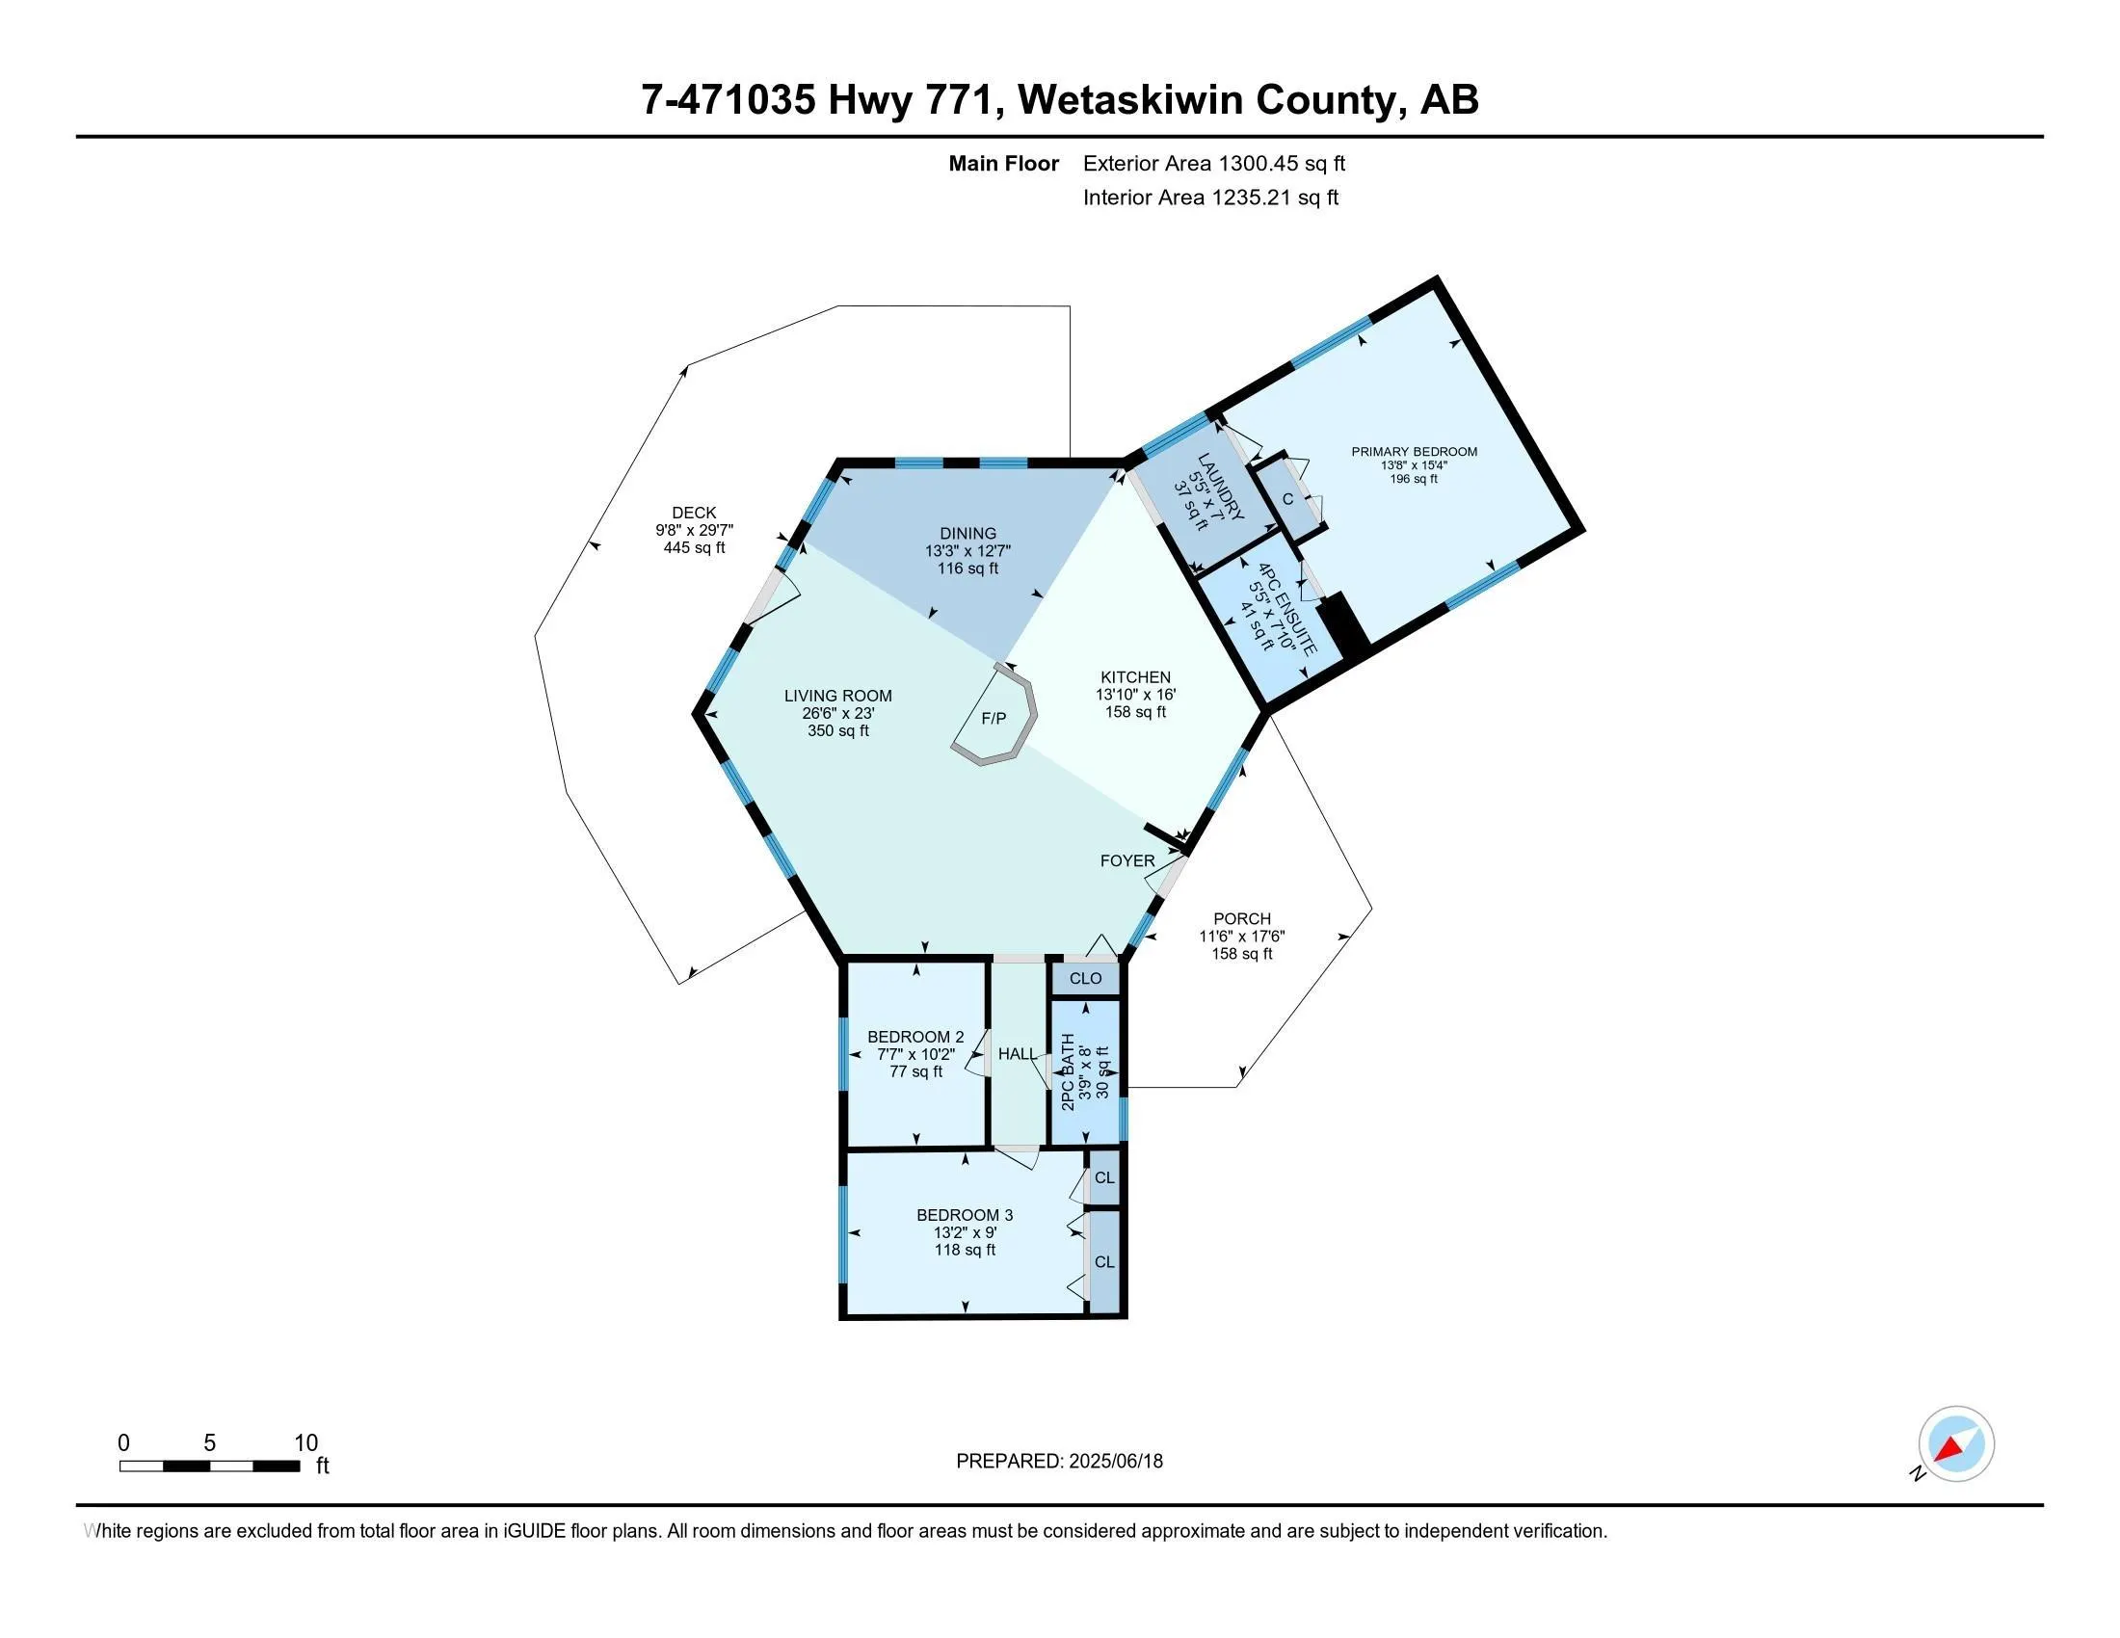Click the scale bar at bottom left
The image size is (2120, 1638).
click(x=209, y=1466)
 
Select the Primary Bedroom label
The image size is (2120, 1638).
click(x=1415, y=451)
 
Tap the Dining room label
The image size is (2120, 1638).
click(x=967, y=533)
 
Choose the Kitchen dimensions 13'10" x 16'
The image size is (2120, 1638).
click(x=1135, y=695)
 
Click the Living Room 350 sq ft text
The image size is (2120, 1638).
click(x=837, y=730)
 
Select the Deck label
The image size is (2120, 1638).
click(x=693, y=513)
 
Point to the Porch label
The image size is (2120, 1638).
click(x=1240, y=918)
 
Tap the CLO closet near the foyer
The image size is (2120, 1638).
click(x=1085, y=978)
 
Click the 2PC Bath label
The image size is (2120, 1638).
click(x=1069, y=1071)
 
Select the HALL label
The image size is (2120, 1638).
click(x=1017, y=1054)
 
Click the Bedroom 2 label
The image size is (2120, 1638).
click(x=915, y=1037)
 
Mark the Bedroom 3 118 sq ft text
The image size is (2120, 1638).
click(x=964, y=1250)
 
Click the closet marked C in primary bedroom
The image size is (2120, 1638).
click(x=1287, y=499)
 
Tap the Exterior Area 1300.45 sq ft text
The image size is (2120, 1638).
click(x=1213, y=163)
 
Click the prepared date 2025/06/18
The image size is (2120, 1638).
click(x=1059, y=1462)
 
